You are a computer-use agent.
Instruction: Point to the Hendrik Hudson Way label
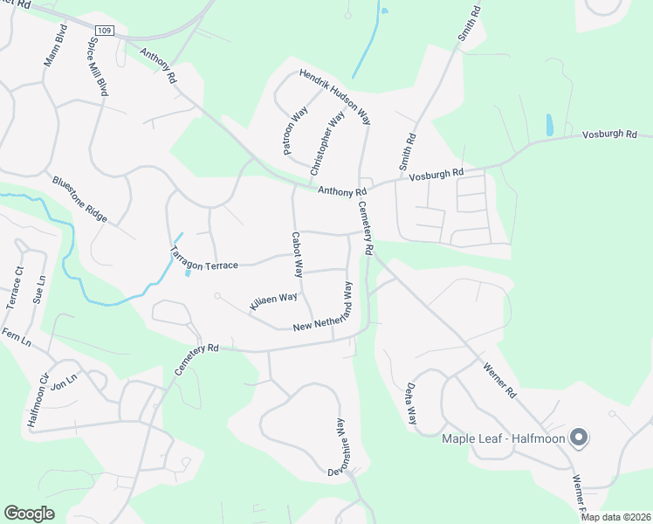coord(335,96)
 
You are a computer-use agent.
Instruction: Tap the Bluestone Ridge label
coord(79,198)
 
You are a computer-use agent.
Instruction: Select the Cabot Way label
coord(297,256)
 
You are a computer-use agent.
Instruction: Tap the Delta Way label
coord(410,403)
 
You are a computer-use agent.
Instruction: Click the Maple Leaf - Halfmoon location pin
coord(578,438)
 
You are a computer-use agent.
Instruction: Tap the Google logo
coord(30,514)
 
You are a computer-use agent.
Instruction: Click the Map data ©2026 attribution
coord(615,517)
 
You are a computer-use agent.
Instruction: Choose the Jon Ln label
coord(65,382)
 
